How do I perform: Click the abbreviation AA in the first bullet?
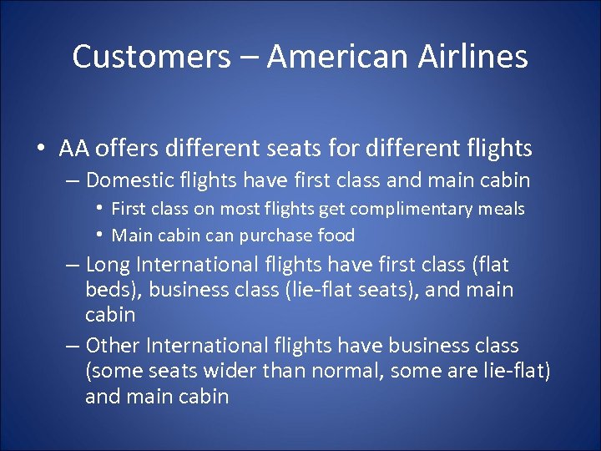(75, 149)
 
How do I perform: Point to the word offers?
(128, 149)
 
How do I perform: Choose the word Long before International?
(108, 265)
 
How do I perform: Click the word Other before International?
(113, 345)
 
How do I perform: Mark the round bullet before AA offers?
(39, 149)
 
